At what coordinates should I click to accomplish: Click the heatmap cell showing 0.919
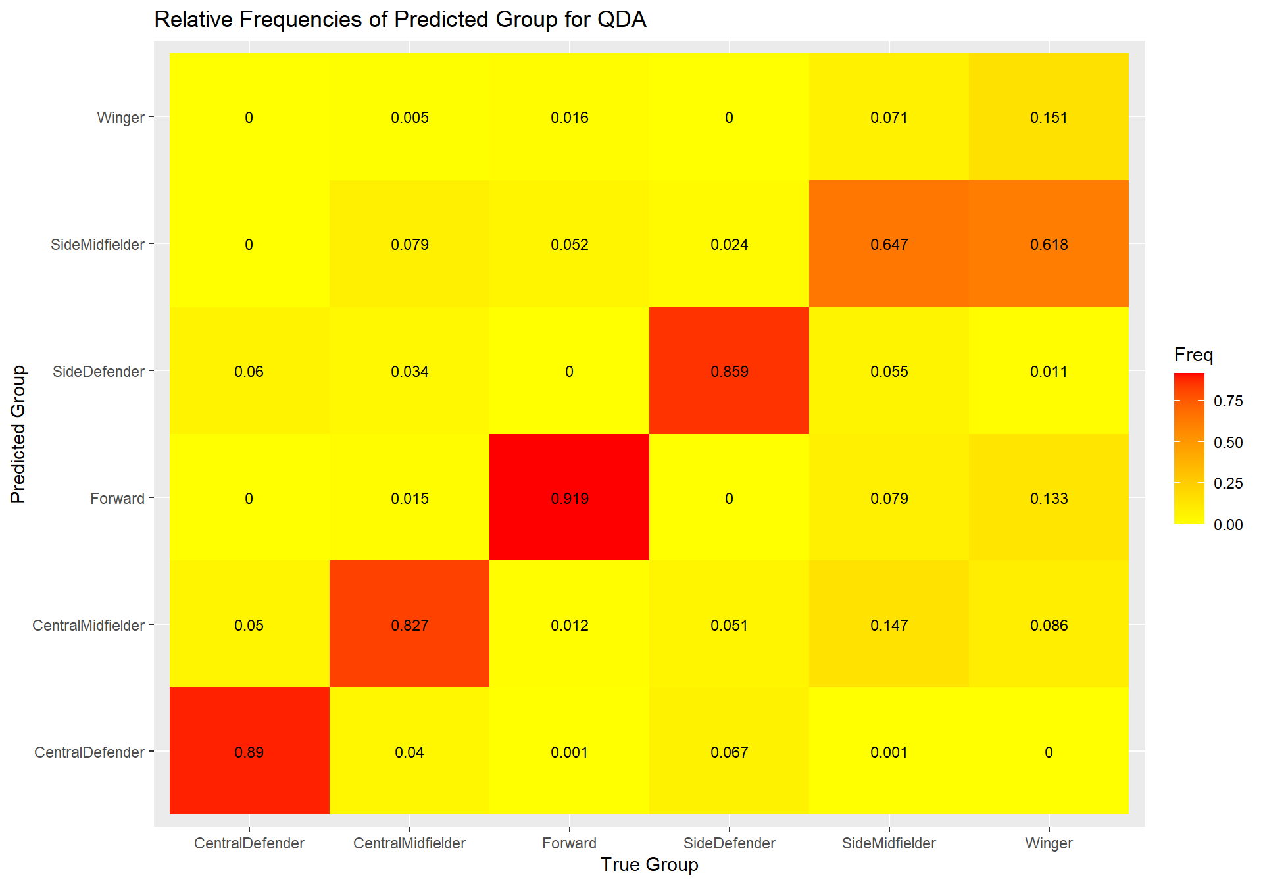[570, 499]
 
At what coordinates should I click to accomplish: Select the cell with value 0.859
[730, 372]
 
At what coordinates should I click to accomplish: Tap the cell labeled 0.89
[249, 752]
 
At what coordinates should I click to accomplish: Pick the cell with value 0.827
[409, 626]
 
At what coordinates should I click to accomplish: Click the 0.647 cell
[889, 245]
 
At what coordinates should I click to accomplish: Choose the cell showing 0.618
[1049, 245]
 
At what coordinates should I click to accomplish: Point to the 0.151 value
[1049, 118]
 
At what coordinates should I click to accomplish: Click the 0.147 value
[889, 626]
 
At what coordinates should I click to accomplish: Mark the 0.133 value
[1049, 499]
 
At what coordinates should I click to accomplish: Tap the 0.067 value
[730, 752]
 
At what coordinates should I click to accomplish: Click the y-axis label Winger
[120, 118]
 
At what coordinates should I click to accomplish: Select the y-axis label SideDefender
[98, 372]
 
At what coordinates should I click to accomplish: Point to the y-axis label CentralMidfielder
[88, 626]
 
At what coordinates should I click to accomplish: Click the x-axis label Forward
[570, 843]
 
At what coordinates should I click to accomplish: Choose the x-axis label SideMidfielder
[889, 843]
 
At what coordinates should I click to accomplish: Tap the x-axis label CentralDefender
[249, 843]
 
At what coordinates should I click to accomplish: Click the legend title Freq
[1193, 355]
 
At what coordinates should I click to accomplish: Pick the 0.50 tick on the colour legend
[1228, 443]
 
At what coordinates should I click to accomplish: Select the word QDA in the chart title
[622, 20]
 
